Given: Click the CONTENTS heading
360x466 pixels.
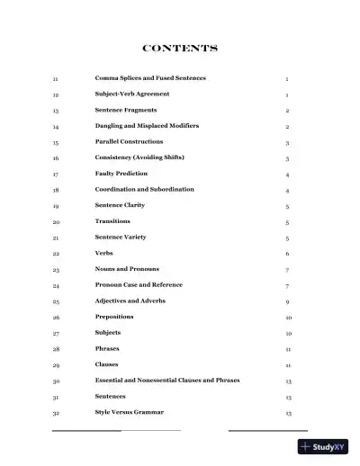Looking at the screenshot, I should point(180,48).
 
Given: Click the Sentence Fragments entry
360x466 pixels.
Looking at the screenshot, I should point(125,110).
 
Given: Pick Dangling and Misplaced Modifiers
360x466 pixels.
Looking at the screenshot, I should point(147,126).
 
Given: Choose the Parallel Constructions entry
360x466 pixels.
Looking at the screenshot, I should point(129,142).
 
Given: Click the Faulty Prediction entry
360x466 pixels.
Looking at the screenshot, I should point(121,174).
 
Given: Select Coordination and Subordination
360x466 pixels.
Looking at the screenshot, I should point(144,190).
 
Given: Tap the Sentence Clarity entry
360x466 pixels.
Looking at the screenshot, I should point(120,205).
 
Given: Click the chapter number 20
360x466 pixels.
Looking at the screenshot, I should point(56,221).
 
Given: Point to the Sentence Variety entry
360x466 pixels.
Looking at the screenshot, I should point(121,237).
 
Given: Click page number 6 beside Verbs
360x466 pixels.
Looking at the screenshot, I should point(287,254).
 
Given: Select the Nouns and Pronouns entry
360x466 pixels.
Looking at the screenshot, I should point(127,269).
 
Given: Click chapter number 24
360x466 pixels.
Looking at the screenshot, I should point(56,285).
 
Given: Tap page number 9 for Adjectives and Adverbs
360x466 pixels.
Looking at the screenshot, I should point(287,301).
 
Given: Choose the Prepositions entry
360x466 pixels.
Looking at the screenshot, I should point(115,317).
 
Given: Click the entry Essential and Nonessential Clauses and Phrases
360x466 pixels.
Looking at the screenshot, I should point(167,381).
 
